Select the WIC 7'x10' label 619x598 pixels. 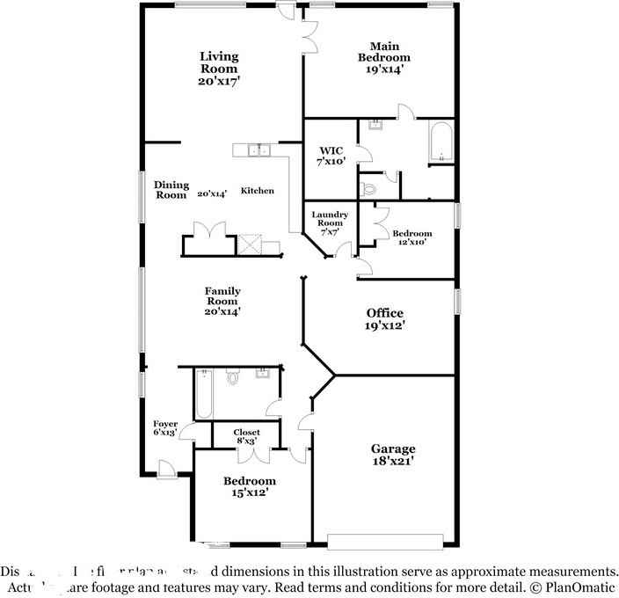(x=331, y=156)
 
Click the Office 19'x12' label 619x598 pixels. (x=385, y=319)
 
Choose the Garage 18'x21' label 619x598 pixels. (x=392, y=454)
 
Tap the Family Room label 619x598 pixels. (x=222, y=301)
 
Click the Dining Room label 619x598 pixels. (x=171, y=190)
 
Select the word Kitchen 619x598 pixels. (x=258, y=191)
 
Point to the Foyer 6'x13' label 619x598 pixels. (x=165, y=428)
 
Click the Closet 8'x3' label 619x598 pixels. (x=246, y=437)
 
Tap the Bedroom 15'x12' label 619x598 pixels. (x=249, y=486)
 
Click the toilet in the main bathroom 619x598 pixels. (x=369, y=187)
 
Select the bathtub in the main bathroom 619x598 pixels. (x=440, y=142)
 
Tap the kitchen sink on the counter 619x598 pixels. (x=259, y=150)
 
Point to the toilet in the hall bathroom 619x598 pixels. (x=233, y=378)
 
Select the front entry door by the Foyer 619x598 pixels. (x=164, y=469)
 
